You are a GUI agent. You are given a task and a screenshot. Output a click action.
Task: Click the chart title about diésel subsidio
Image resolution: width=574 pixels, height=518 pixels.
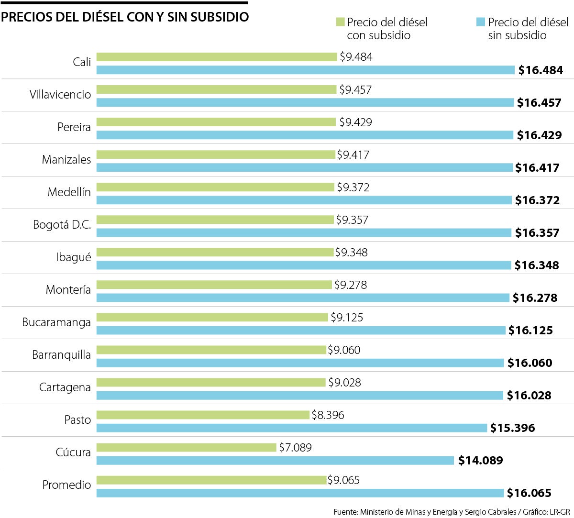(x=125, y=17)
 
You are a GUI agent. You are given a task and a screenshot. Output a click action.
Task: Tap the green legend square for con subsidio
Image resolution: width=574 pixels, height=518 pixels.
(x=340, y=22)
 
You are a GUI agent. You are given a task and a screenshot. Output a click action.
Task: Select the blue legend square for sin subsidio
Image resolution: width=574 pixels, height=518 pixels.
(x=481, y=22)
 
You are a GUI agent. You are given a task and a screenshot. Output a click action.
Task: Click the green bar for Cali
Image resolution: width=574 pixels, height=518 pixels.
(x=217, y=57)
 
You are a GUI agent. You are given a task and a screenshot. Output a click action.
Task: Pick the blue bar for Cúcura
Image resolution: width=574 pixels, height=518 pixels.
(x=275, y=461)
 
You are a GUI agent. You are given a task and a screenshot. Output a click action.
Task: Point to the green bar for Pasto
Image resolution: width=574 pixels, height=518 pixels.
(x=203, y=415)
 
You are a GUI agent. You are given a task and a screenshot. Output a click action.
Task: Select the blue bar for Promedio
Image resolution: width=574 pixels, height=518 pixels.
(x=300, y=493)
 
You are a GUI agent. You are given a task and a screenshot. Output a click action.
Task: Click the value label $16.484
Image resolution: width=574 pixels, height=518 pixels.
(x=541, y=70)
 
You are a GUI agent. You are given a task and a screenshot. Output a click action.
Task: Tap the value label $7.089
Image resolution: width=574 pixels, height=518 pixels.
(x=295, y=448)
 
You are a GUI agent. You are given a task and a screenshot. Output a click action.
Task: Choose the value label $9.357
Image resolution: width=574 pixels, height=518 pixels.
(x=352, y=220)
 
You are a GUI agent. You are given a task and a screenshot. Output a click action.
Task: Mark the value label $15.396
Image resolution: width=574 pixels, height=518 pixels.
(x=512, y=428)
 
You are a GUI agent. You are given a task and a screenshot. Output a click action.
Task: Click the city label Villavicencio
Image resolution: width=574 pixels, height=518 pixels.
(x=60, y=95)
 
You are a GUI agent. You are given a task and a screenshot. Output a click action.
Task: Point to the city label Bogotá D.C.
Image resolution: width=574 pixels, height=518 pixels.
(x=62, y=225)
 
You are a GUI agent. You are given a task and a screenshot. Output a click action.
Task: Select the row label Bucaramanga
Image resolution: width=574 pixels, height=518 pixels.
(x=56, y=322)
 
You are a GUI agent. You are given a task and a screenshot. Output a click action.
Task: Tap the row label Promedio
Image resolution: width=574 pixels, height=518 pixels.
(x=66, y=485)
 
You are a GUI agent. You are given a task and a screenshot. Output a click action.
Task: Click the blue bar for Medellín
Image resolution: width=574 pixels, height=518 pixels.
(x=304, y=200)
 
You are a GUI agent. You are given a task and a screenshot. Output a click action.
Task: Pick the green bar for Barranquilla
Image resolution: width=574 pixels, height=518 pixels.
(x=211, y=350)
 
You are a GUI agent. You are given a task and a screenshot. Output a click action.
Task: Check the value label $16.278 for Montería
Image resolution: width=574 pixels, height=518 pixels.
(x=535, y=298)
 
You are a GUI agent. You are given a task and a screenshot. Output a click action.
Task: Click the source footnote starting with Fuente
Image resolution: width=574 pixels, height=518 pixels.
(x=452, y=512)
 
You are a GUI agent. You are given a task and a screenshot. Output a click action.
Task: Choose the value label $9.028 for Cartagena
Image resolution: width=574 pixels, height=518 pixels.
(x=344, y=383)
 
